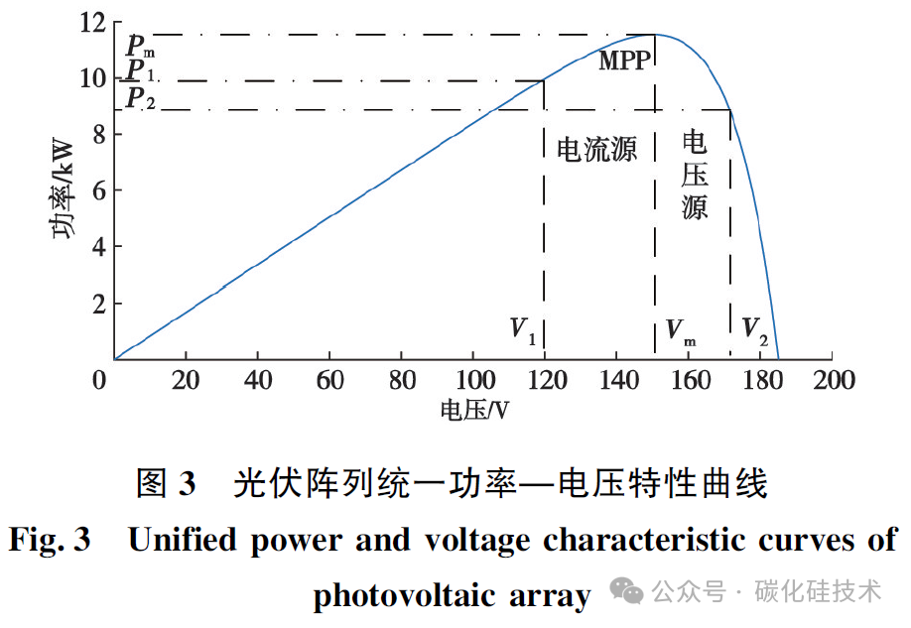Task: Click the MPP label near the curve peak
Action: click(625, 61)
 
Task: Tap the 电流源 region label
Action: click(596, 149)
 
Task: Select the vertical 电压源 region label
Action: click(695, 175)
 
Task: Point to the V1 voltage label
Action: click(523, 331)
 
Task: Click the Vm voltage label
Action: click(680, 332)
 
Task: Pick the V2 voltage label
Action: click(755, 331)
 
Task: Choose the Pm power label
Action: click(141, 46)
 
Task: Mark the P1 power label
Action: click(140, 70)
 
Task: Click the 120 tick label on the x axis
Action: click(547, 381)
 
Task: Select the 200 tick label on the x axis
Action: click(834, 381)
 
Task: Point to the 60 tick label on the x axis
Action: click(330, 381)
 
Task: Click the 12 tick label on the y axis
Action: click(93, 23)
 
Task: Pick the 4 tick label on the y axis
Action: click(99, 247)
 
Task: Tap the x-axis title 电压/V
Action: click(474, 410)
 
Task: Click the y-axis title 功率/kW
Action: click(64, 188)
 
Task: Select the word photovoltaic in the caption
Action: click(404, 596)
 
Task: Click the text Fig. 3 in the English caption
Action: click(50, 539)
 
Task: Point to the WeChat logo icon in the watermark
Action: click(626, 591)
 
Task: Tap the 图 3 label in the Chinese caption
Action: click(166, 483)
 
